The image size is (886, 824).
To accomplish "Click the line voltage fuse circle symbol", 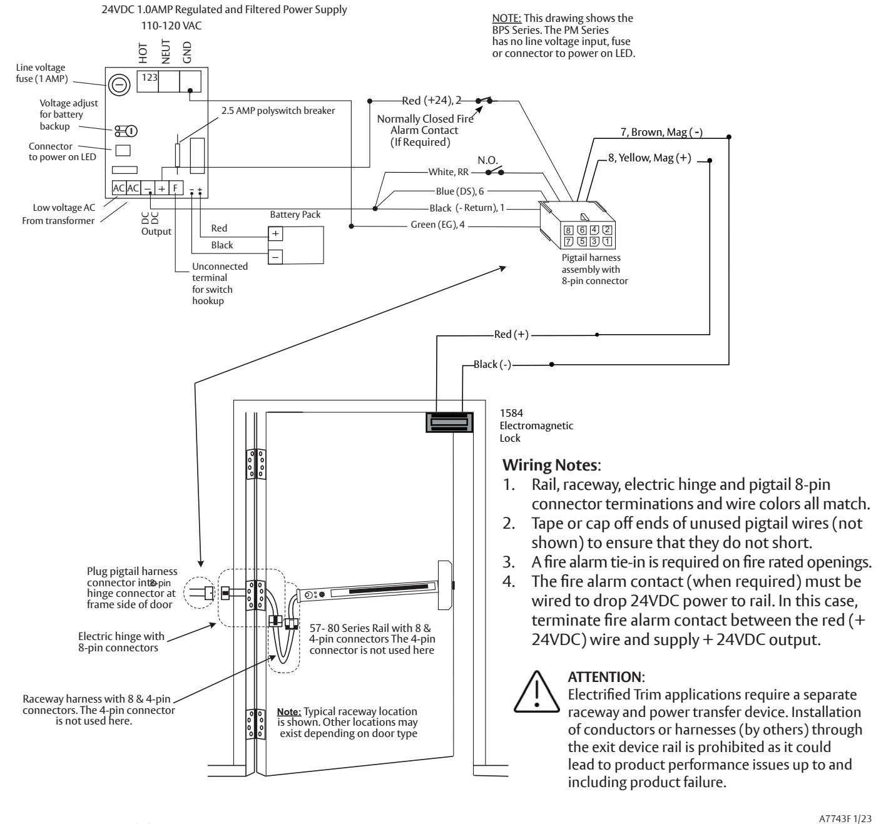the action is click(x=119, y=84).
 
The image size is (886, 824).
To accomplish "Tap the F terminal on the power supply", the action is click(x=176, y=188).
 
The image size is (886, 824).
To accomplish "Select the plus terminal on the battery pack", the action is click(x=275, y=233).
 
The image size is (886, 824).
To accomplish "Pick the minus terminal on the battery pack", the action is click(x=275, y=257).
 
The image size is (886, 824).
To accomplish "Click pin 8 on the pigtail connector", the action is click(x=568, y=230).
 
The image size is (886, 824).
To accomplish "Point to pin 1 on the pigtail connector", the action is click(x=607, y=242).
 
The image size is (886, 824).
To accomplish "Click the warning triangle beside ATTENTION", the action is click(x=537, y=692).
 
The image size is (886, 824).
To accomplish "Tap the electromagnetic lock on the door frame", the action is click(x=449, y=422).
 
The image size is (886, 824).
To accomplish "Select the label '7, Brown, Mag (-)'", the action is click(x=661, y=132).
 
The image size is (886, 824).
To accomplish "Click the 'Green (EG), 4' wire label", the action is click(x=437, y=225).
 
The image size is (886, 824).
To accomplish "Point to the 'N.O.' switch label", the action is click(x=487, y=160).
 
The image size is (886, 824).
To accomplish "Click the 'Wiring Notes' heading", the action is click(x=551, y=465).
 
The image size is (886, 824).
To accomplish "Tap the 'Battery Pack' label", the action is click(x=295, y=215).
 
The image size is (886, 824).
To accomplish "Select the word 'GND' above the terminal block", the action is click(x=187, y=52).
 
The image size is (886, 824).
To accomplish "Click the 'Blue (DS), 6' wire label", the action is click(x=459, y=191).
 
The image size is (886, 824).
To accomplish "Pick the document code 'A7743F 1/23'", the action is click(x=845, y=818).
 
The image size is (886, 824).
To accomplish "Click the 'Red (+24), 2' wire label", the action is click(x=431, y=100).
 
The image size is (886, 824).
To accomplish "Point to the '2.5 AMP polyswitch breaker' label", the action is click(x=278, y=111).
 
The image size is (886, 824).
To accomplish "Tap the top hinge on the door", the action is click(x=256, y=464).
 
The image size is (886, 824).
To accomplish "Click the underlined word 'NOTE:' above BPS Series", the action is click(x=506, y=18).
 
